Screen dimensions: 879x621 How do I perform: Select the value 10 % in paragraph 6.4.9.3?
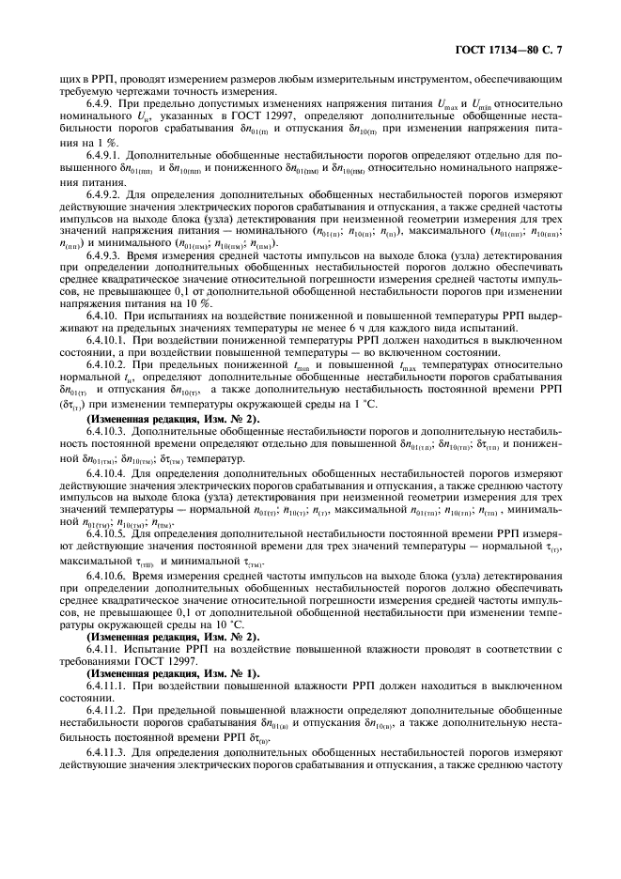(x=179, y=303)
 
